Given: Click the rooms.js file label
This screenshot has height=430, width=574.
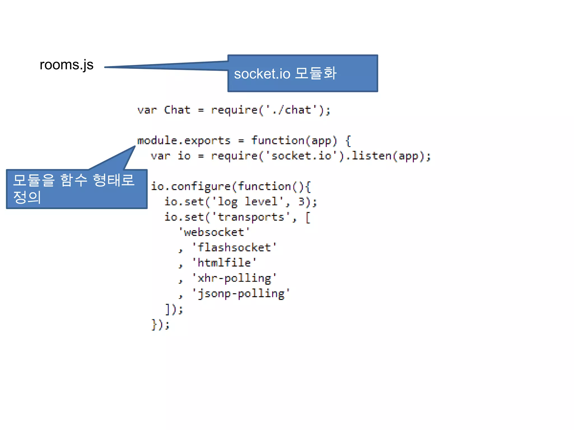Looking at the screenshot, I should pos(66,65).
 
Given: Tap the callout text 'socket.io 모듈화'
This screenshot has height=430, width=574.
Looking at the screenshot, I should pos(285,74).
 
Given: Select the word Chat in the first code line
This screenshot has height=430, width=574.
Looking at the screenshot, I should pos(177,110).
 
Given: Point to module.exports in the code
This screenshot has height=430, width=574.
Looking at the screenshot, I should pos(184,141).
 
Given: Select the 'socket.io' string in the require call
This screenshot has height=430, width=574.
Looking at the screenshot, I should pos(302,156).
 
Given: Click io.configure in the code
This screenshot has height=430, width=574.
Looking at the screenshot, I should pos(191,186).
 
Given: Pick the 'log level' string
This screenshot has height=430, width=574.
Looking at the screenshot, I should pos(248,202).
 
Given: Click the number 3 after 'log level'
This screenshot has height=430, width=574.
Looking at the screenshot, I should pos(301,202).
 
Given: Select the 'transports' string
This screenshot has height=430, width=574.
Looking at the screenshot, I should pos(251,217).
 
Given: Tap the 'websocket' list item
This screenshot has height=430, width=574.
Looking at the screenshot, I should pos(214,232).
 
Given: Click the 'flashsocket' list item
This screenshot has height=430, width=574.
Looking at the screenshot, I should pos(234,247).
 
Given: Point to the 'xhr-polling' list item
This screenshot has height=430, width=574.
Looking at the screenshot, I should pos(234,278).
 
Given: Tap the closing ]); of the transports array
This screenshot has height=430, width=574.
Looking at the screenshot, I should pos(174,309).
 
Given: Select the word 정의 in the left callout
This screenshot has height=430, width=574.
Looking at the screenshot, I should pos(27,197).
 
